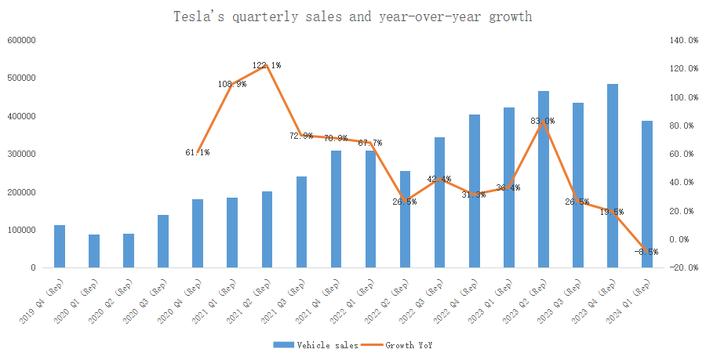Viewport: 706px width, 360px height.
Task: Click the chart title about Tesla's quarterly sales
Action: [352, 16]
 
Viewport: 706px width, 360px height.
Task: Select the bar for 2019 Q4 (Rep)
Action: [60, 246]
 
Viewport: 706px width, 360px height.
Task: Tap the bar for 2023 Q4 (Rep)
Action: [613, 176]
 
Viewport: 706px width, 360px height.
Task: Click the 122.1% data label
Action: [267, 65]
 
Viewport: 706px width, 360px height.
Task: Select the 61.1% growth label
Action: [197, 152]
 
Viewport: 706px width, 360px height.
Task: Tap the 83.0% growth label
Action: [543, 121]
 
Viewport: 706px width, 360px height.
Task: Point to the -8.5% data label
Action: [646, 252]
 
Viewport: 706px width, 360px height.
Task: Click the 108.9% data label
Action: [232, 84]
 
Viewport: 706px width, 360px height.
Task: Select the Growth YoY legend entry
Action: [407, 344]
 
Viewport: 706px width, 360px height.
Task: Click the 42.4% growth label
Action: [439, 180]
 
